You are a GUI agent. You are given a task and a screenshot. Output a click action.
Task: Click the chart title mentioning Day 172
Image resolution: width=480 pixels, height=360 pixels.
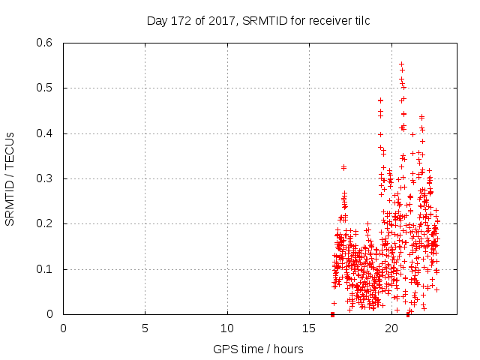point(258,21)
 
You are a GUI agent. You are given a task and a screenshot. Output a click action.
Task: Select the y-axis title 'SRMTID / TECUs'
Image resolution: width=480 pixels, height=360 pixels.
point(10,178)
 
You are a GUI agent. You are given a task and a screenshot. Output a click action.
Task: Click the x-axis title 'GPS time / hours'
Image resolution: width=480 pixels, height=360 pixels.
point(258,349)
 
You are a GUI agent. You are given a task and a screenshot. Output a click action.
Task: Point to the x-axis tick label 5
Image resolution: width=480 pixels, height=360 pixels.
point(145,328)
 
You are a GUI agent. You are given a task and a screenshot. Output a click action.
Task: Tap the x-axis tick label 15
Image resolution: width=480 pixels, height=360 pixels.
point(310,328)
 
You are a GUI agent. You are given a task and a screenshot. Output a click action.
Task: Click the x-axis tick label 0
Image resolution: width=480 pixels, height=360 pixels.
point(63,328)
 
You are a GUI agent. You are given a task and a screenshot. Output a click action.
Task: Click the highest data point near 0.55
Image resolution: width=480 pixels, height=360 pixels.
point(401,64)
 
